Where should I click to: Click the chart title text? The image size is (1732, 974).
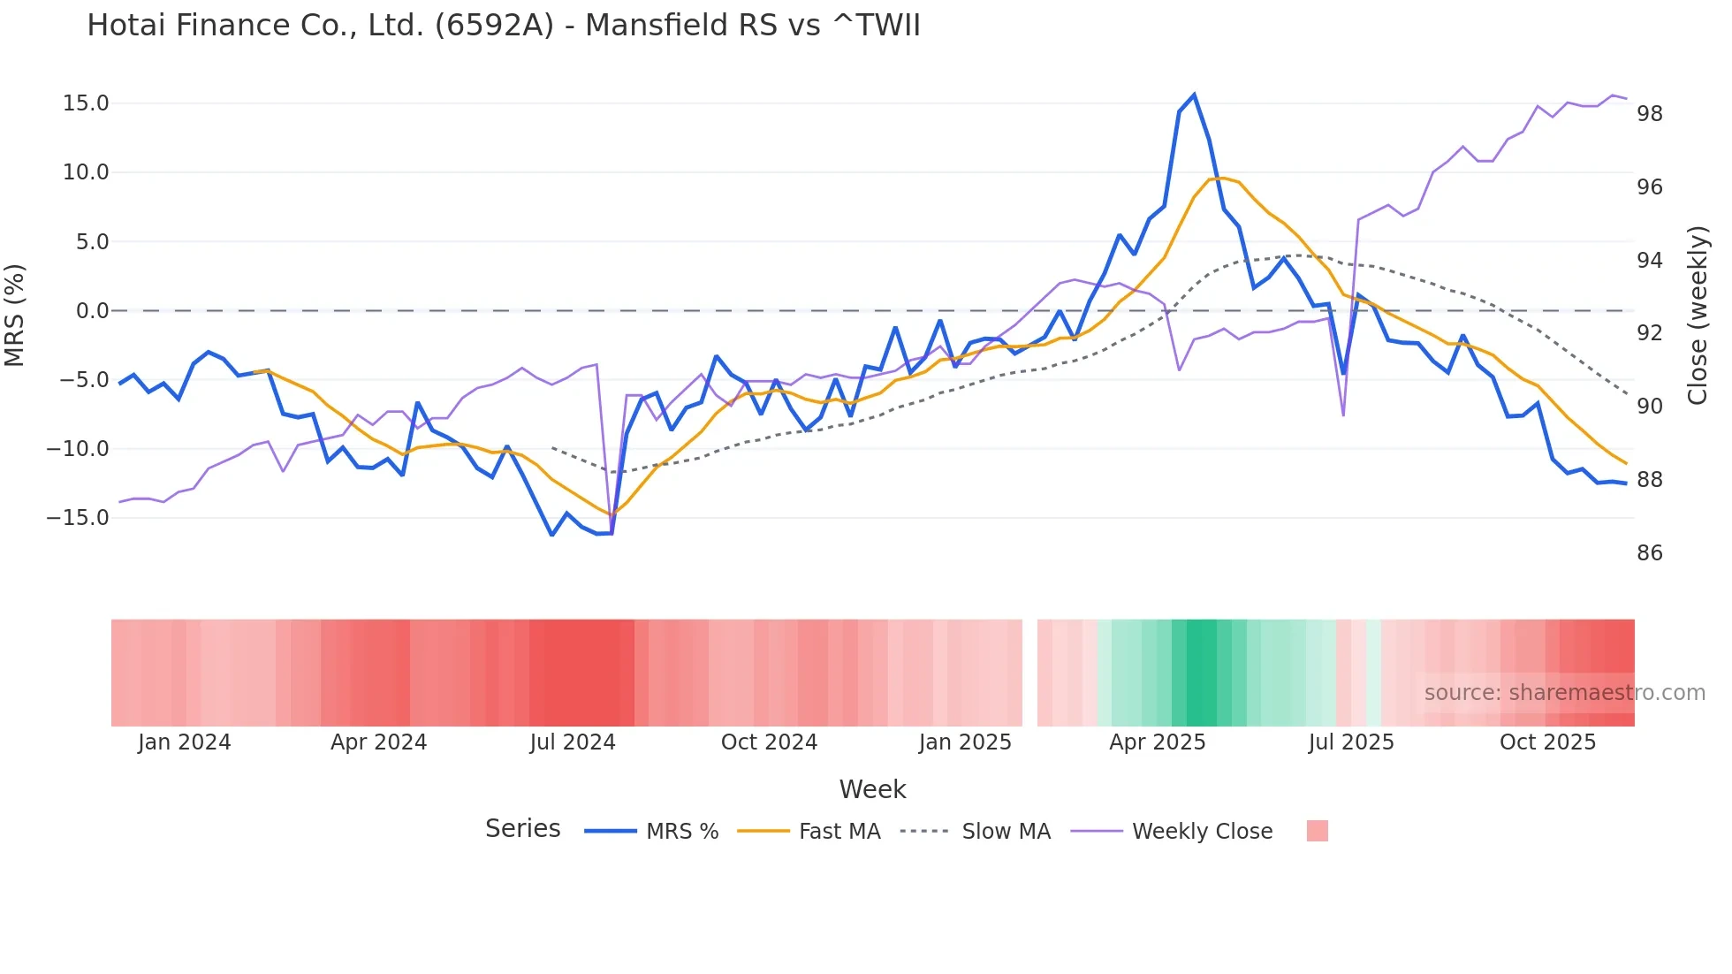click(504, 26)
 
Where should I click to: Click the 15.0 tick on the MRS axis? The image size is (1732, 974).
click(86, 103)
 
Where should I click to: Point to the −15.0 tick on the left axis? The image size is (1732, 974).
click(78, 518)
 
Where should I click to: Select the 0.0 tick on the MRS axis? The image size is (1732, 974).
click(92, 311)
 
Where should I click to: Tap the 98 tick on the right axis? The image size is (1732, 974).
click(1649, 114)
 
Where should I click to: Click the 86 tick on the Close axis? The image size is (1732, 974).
click(1649, 553)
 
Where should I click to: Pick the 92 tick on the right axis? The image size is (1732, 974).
click(1649, 333)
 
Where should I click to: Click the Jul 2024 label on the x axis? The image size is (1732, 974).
click(573, 742)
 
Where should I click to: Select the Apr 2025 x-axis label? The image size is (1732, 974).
click(1158, 742)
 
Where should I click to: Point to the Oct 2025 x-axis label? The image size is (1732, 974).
click(1547, 742)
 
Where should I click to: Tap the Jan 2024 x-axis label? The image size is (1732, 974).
click(184, 742)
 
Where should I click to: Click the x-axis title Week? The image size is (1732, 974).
click(872, 789)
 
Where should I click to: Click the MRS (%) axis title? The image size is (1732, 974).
click(15, 315)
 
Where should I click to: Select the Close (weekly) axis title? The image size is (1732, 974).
click(1698, 316)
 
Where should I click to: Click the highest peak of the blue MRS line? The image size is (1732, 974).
click(1194, 95)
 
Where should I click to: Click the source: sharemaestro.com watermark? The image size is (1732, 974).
click(1564, 693)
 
